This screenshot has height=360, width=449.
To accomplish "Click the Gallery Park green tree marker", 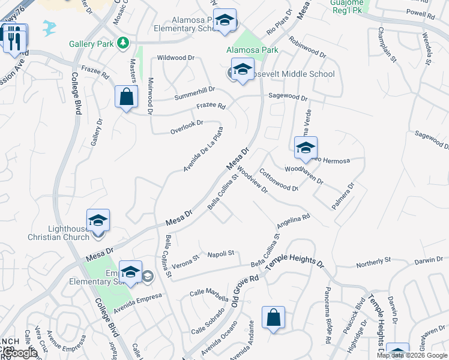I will coord(123,43).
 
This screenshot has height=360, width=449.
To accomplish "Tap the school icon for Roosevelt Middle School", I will coord(242,70).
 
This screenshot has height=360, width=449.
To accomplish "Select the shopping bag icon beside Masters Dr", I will coord(126,97).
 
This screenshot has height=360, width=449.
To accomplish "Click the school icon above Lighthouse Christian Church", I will coord(98,220).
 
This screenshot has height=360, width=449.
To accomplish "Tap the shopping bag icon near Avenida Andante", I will coord(273,317).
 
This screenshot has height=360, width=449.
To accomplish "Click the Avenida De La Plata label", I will coord(204,149).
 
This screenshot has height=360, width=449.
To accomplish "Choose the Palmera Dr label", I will coord(343,196).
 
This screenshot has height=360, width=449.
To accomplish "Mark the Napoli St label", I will coord(220,254).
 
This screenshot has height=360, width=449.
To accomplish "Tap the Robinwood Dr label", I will coord(307,47).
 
